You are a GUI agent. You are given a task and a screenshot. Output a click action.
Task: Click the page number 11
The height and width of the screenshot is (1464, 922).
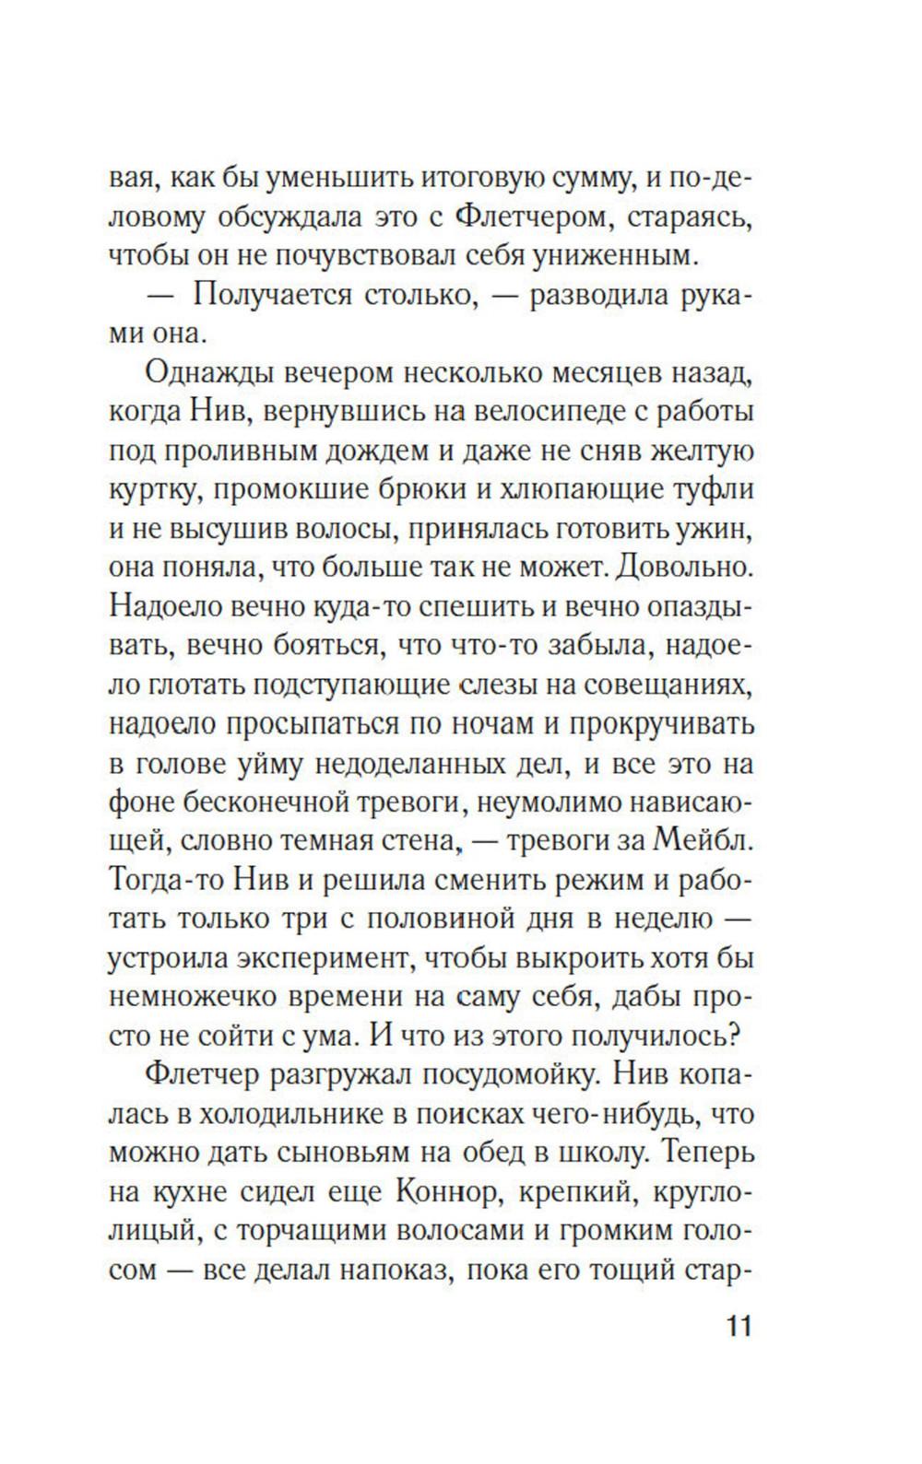pos(739,1328)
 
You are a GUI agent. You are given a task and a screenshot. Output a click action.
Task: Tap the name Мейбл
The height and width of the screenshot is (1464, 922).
pos(706,840)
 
